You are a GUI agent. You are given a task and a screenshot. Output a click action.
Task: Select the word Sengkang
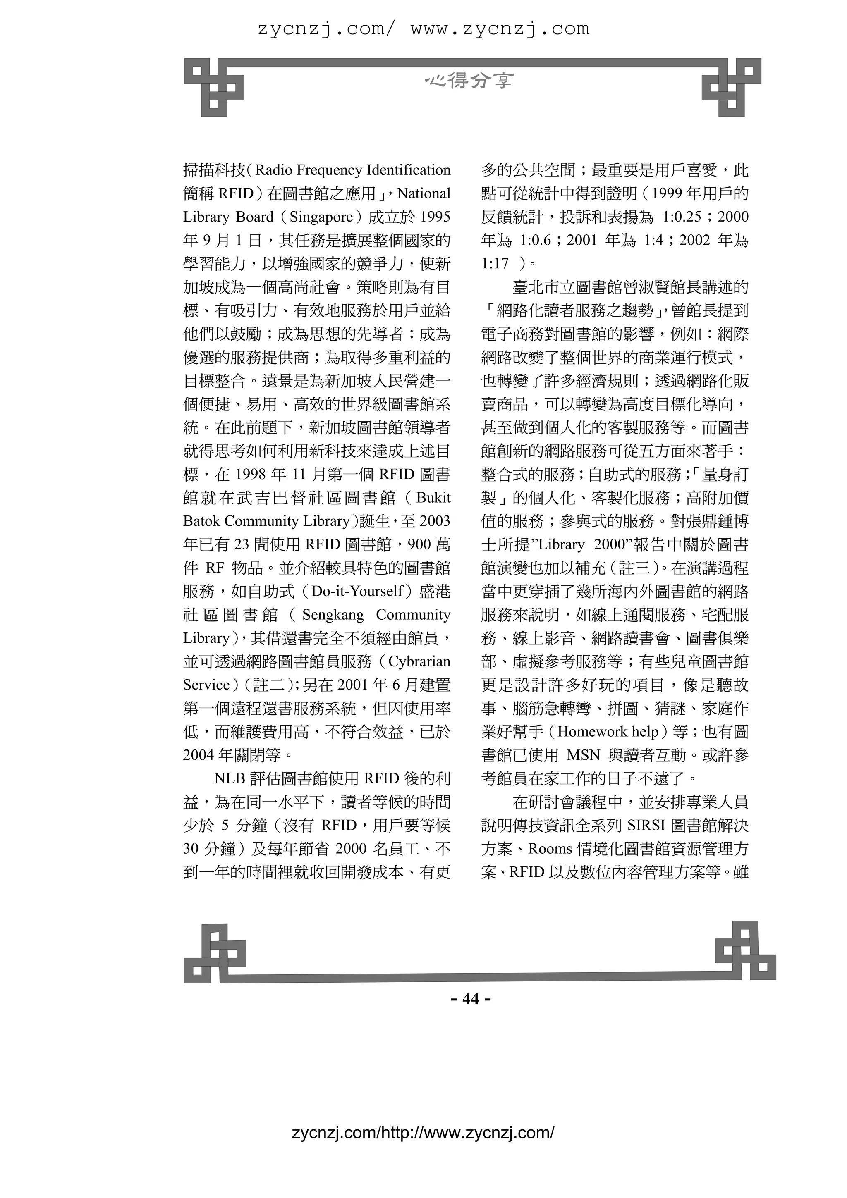pyautogui.click(x=333, y=615)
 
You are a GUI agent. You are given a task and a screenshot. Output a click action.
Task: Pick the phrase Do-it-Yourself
pyautogui.click(x=357, y=591)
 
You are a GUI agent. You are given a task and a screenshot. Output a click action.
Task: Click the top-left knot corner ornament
pyautogui.click(x=214, y=87)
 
